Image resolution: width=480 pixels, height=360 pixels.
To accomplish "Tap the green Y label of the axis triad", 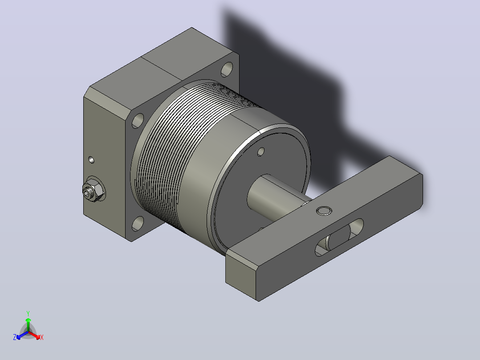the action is [28, 313].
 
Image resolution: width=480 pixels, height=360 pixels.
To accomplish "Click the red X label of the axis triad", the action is [42, 337].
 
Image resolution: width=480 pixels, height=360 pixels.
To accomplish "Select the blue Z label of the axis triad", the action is [15, 337].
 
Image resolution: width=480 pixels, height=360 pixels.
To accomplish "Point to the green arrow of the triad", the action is [28, 324].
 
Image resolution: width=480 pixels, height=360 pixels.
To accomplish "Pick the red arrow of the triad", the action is [34, 335].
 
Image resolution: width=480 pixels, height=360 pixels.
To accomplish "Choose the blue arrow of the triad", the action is [22, 335].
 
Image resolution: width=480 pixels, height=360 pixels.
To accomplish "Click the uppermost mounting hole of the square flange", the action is [227, 70].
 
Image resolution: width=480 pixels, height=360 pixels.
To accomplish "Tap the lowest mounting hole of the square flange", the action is [138, 224].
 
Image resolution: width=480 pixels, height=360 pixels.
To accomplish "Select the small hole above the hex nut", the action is [91, 160].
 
